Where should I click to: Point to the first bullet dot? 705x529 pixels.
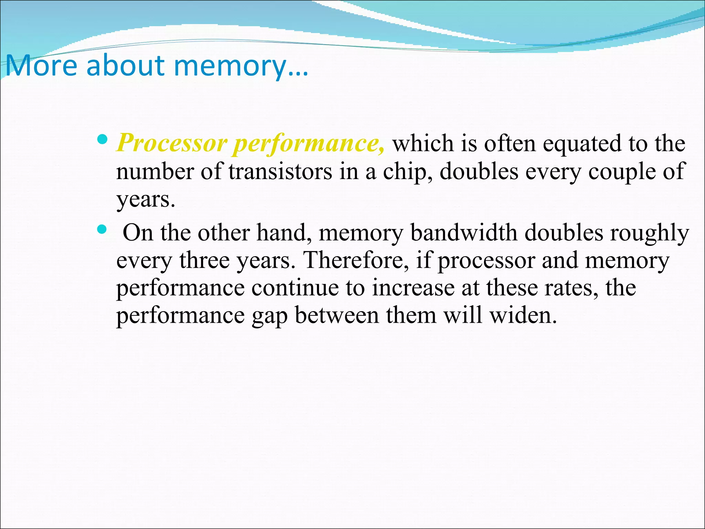tap(102, 139)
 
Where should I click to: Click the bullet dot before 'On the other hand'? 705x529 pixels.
tap(102, 229)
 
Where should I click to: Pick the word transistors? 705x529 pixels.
tap(280, 171)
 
